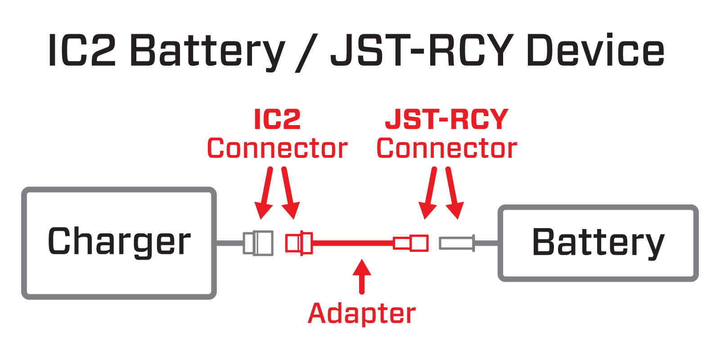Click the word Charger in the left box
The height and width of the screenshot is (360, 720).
tap(119, 242)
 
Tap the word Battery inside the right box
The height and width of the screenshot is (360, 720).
tap(598, 243)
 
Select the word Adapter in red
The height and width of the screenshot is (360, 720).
tap(362, 314)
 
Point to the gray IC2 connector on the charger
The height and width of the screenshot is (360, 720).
tap(258, 243)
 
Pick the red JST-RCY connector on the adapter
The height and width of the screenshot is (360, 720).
tap(411, 243)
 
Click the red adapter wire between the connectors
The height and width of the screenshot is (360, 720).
tap(353, 243)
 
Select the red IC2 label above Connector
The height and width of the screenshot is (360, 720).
tap(277, 119)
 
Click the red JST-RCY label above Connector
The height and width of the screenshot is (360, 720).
tap(447, 119)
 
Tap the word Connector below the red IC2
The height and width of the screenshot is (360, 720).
tap(277, 148)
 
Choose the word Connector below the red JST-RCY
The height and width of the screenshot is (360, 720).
tap(447, 148)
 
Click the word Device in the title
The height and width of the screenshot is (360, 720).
tap(595, 50)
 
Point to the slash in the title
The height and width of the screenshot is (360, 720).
tap(306, 53)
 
